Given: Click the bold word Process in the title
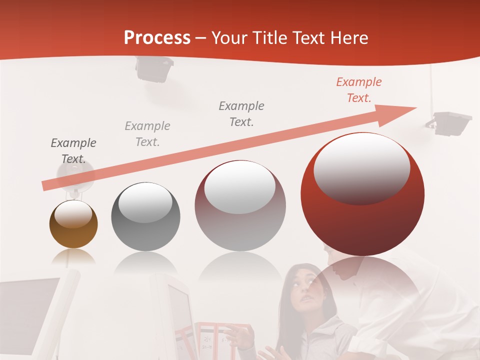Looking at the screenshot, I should coord(157,38).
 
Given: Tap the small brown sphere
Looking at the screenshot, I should coord(73,224).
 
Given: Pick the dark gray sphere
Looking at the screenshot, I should coord(145,216).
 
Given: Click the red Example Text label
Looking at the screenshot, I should coord(358,90).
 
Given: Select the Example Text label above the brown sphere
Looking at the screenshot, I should coord(73,151).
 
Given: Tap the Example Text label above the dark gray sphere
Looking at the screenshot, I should coord(147,134).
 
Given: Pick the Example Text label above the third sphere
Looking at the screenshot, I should coord(241,113).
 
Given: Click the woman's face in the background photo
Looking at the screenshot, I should coord(306,287).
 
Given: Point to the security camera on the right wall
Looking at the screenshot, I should coord(451,122).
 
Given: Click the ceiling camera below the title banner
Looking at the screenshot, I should coord(154,69).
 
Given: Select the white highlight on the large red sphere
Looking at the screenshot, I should coord(361,167).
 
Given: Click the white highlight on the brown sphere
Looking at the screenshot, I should coord(73,214).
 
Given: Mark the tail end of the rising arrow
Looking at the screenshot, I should coord(45,186).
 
